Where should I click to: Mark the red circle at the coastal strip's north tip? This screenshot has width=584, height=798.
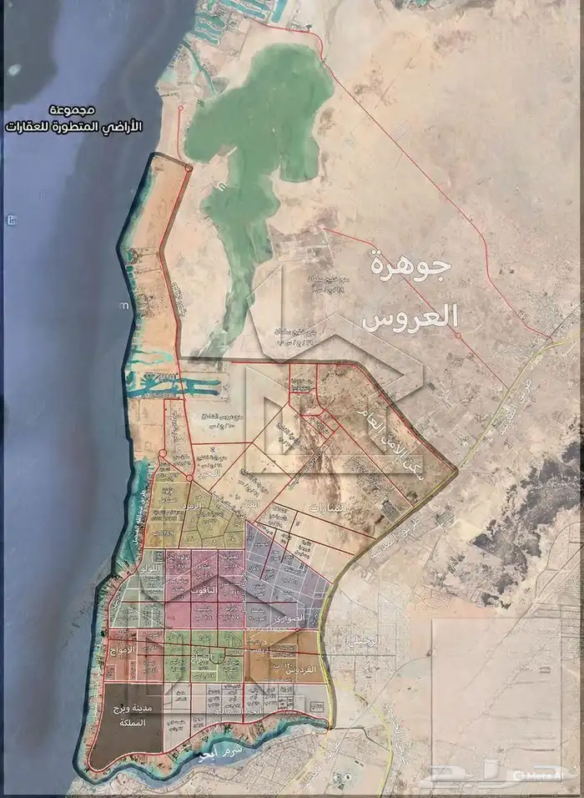coord(189,169)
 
